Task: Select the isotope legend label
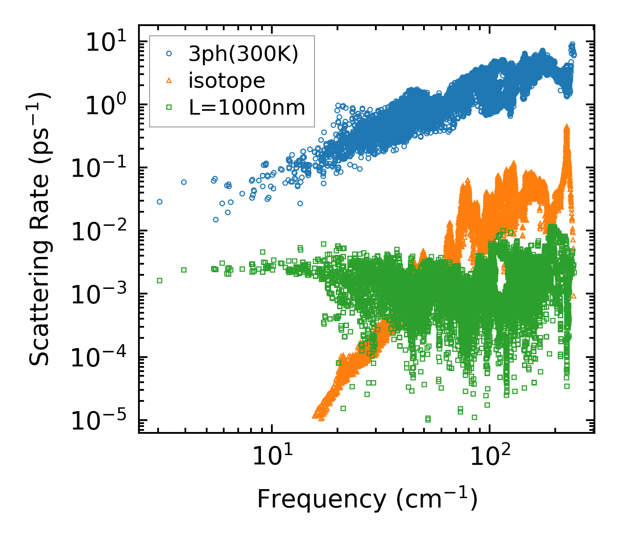(x=227, y=81)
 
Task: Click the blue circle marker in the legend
(x=169, y=54)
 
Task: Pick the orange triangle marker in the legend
(x=169, y=81)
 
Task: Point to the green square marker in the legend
(x=169, y=107)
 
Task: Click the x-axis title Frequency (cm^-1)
(x=367, y=499)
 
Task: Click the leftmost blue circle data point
(x=159, y=202)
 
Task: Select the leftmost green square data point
(x=159, y=280)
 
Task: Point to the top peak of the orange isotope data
(x=567, y=127)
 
